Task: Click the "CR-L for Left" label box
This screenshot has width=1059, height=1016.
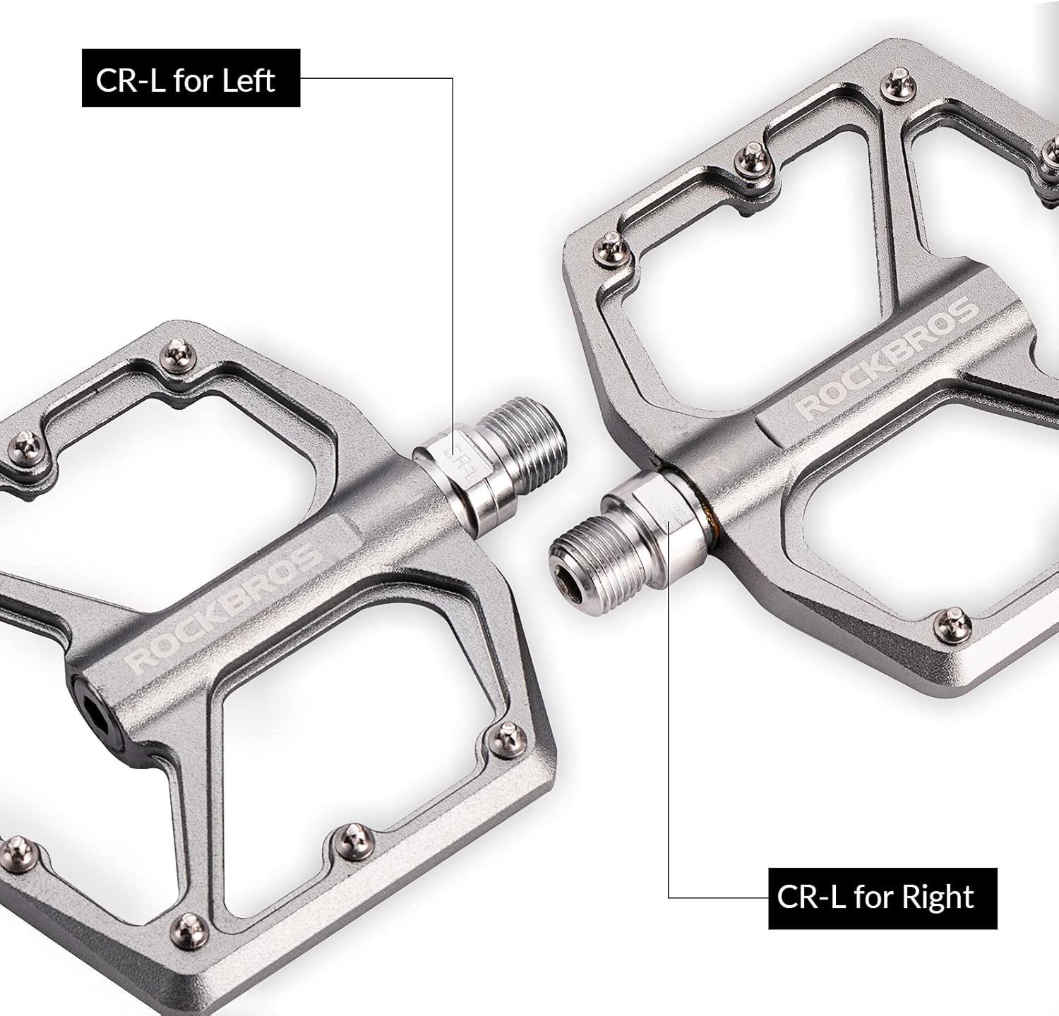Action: click(191, 78)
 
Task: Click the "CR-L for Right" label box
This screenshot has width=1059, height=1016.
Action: click(882, 898)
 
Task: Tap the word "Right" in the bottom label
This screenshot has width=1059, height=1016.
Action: click(938, 898)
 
